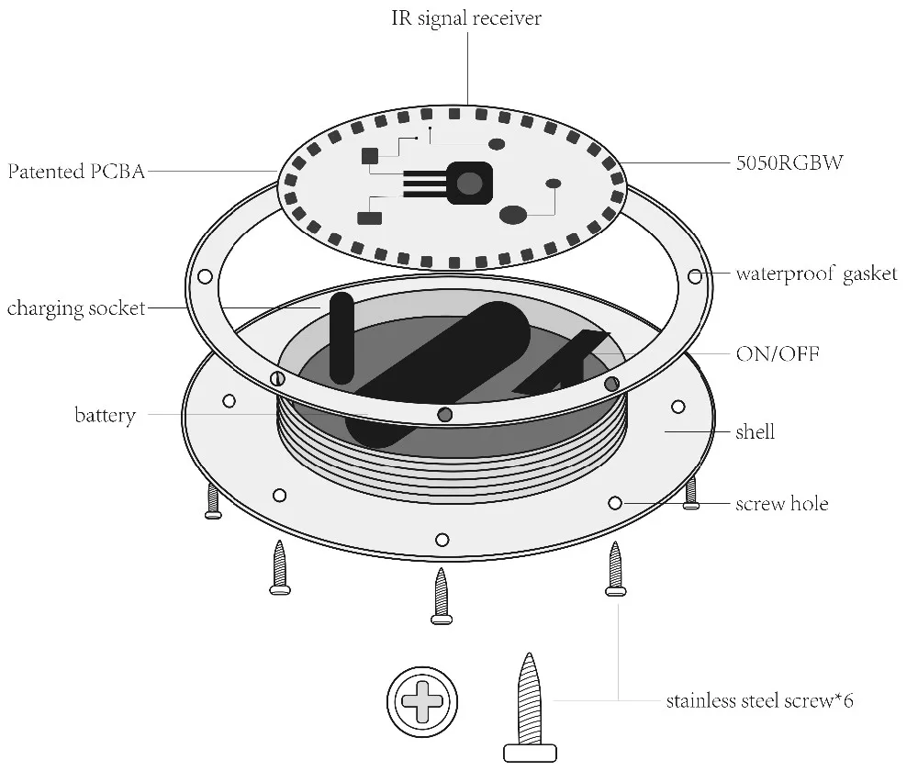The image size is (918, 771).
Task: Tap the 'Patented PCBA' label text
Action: [x=76, y=171]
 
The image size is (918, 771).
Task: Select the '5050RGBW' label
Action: [x=789, y=164]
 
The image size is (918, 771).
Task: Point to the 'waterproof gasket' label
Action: [x=816, y=274]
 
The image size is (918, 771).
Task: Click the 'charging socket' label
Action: [x=76, y=308]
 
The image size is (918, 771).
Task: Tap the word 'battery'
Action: [x=105, y=416]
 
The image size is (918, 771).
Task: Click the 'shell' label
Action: [x=755, y=431]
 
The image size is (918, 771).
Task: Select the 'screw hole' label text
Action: [x=781, y=504]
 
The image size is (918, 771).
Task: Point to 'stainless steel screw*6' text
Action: [x=760, y=702]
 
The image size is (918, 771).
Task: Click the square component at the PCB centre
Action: [x=468, y=182]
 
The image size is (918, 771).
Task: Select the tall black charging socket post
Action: [x=341, y=338]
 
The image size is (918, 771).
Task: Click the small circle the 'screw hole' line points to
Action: [x=615, y=503]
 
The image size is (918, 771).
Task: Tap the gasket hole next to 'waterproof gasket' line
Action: [x=695, y=274]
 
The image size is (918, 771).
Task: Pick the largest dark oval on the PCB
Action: [x=512, y=215]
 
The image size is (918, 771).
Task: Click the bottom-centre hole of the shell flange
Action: [x=442, y=540]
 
